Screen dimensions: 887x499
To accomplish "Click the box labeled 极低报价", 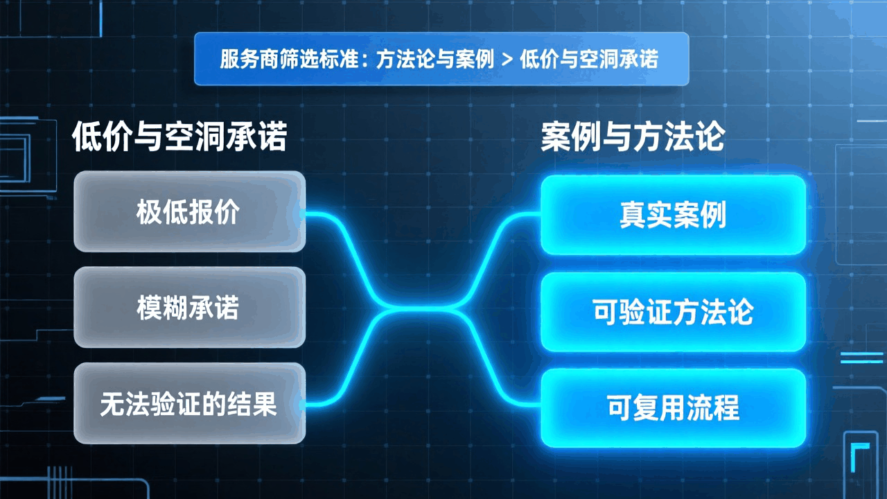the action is pos(189,211).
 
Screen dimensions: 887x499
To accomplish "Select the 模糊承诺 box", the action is pos(189,307).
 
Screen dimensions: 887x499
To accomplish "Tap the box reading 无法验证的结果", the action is pos(189,403).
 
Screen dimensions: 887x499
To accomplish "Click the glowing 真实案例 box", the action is pos(673,215).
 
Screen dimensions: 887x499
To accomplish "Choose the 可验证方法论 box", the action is pos(673,312).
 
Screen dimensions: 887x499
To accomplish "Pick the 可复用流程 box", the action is pos(673,408).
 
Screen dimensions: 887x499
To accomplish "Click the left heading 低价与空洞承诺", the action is pos(179,137).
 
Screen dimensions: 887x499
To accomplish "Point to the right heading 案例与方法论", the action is pos(633,137).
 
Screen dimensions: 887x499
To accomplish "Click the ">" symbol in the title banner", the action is pos(507,60).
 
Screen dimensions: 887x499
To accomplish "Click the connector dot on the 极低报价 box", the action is pos(301,214).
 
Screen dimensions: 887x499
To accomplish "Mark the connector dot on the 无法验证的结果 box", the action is pos(301,405).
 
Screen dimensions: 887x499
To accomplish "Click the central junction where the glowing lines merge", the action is pos(423,309).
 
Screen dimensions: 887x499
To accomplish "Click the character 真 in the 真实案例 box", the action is pos(633,215).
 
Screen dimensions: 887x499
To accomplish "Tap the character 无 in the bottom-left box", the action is pos(113,404).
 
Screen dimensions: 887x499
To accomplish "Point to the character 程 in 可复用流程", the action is pos(726,408).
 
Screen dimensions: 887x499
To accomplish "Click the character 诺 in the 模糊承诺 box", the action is pos(226,308).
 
